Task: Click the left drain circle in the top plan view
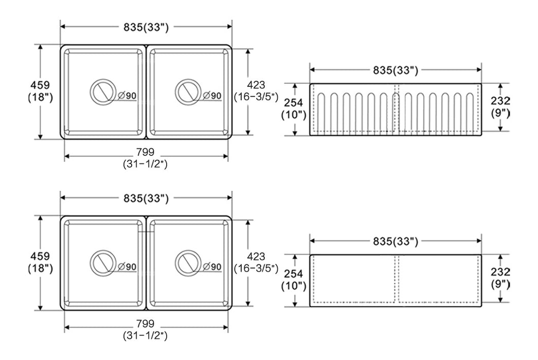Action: coord(91,92)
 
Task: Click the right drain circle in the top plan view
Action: coord(175,92)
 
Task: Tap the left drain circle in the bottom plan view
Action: coord(91,263)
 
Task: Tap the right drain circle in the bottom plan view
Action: coord(175,263)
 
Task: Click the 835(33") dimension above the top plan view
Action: coord(146,27)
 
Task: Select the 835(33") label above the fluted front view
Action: coord(396,70)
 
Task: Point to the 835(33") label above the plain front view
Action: coord(396,241)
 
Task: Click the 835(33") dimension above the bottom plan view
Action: coord(146,198)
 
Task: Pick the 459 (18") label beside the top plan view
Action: coord(41,92)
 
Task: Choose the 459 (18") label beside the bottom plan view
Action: coord(41,262)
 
